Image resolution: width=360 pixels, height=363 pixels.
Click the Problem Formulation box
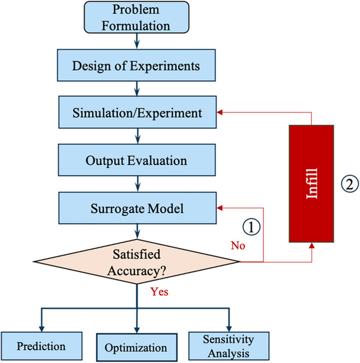coord(136,18)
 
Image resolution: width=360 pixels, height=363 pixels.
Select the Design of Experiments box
coord(136,66)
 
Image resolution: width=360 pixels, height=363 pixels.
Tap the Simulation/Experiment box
coord(136,113)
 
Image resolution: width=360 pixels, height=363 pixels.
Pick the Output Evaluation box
coord(136,160)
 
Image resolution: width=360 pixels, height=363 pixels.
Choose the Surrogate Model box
coord(136,208)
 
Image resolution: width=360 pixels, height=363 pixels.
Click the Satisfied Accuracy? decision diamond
coord(136,261)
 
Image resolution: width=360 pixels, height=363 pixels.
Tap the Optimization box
coord(136,347)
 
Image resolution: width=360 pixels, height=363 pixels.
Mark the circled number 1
coord(251,226)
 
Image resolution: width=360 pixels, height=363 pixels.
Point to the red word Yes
coord(159,291)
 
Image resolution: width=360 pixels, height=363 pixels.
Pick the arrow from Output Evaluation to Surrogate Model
coord(136,184)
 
